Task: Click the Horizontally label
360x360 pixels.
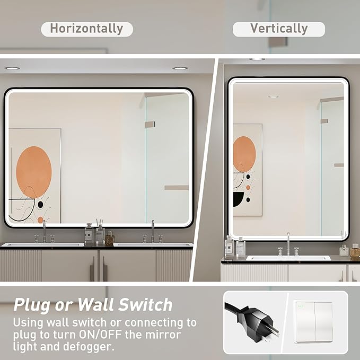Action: tap(86, 29)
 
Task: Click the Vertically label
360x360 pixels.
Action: tap(279, 29)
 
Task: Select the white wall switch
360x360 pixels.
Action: tap(314, 322)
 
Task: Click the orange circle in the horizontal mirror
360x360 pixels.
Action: tap(34, 172)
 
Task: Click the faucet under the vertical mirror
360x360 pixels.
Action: tap(288, 244)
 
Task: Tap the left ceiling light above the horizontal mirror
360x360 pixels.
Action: tap(12, 68)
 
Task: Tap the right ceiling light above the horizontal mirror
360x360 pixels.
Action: tap(180, 68)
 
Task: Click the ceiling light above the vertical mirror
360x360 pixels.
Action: tap(257, 58)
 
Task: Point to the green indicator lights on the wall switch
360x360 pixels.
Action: tap(302, 305)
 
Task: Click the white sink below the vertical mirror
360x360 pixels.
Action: tap(288, 258)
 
